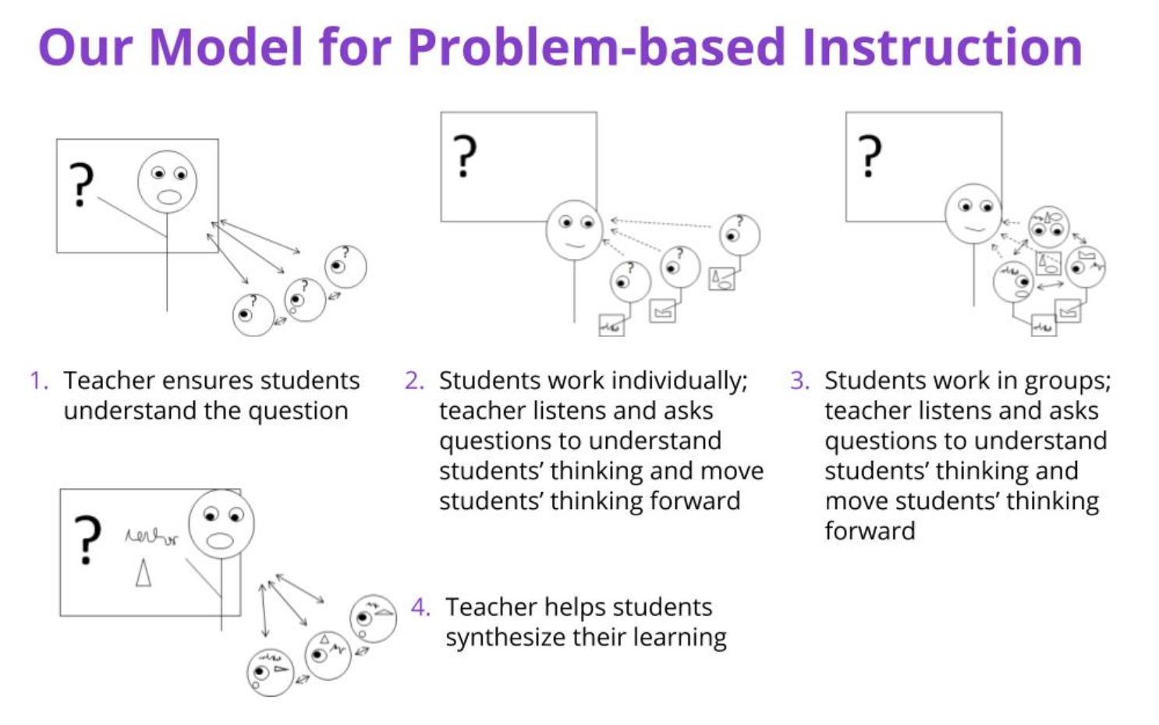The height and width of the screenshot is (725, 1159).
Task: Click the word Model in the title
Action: pyautogui.click(x=225, y=47)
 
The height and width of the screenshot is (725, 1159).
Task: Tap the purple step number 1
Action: pyautogui.click(x=37, y=380)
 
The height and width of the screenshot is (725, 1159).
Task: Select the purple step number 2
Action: pyautogui.click(x=414, y=380)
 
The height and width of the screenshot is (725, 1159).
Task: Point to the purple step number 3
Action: pyautogui.click(x=799, y=380)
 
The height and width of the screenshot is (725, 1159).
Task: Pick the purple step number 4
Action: pyautogui.click(x=420, y=607)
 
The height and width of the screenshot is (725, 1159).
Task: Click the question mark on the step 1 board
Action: pyautogui.click(x=80, y=185)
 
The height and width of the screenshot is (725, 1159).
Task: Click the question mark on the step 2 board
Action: pyautogui.click(x=465, y=156)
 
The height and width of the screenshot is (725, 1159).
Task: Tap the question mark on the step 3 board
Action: pyautogui.click(x=870, y=156)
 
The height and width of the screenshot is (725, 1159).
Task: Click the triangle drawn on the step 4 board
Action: pyautogui.click(x=143, y=573)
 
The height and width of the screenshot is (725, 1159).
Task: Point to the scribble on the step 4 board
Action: pyautogui.click(x=151, y=537)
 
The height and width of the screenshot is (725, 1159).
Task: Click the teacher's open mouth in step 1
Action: pyautogui.click(x=168, y=197)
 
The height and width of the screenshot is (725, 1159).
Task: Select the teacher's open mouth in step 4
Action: pyautogui.click(x=220, y=540)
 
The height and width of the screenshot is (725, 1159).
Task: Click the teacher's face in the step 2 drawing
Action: pyautogui.click(x=575, y=230)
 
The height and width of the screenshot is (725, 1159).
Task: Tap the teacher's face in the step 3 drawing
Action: pyautogui.click(x=973, y=213)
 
